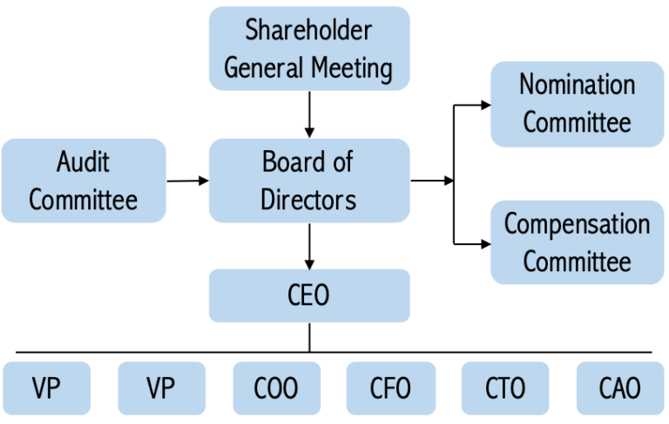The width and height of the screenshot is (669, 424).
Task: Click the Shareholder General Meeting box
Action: (309, 49)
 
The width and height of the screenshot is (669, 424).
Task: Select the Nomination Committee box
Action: (577, 103)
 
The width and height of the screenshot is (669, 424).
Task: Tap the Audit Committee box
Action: (83, 181)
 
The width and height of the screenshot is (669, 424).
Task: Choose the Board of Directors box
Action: (309, 181)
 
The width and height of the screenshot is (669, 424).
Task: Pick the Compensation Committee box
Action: (577, 242)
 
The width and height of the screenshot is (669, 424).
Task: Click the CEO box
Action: (309, 295)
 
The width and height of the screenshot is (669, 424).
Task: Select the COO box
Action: (276, 387)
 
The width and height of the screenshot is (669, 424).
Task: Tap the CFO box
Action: (390, 387)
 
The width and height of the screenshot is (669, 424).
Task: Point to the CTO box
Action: (505, 387)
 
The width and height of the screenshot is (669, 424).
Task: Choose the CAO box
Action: (620, 387)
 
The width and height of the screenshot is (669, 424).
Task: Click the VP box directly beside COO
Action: (161, 387)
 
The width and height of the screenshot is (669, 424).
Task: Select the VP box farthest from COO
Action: (46, 387)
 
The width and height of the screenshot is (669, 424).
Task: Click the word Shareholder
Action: (308, 31)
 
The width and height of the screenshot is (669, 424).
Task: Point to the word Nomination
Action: (577, 85)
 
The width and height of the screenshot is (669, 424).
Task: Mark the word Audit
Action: (83, 162)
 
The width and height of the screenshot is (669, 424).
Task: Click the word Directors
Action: (308, 199)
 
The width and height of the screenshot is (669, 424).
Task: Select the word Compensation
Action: (577, 223)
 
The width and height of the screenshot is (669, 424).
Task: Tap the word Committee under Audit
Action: (83, 200)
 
